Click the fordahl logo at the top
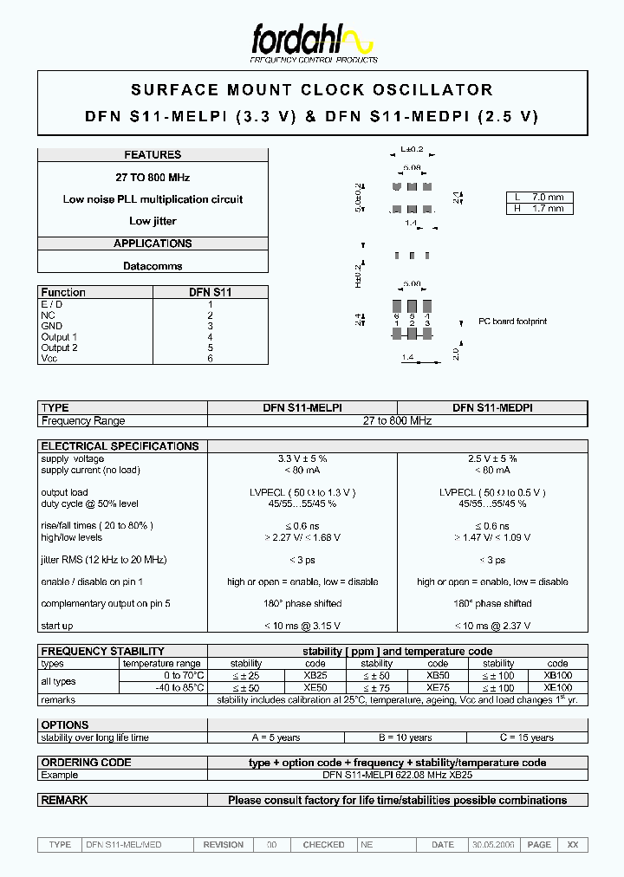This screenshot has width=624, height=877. [312, 42]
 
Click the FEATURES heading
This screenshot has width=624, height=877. [153, 155]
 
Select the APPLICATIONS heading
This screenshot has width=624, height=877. [153, 244]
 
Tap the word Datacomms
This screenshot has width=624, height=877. [153, 266]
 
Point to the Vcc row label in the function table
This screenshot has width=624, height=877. [49, 359]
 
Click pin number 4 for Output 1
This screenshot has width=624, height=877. [210, 337]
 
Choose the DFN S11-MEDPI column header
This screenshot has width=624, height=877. [492, 407]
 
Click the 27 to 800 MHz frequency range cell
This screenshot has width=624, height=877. [397, 420]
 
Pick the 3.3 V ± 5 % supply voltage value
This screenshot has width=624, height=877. [302, 458]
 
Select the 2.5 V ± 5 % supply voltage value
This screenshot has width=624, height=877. [492, 458]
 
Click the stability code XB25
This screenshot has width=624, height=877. [315, 675]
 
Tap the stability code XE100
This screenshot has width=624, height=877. [557, 687]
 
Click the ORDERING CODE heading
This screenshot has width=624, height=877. [87, 763]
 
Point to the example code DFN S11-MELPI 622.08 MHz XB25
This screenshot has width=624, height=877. [397, 775]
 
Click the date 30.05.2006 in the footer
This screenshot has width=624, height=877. [493, 844]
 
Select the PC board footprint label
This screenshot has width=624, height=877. [513, 322]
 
